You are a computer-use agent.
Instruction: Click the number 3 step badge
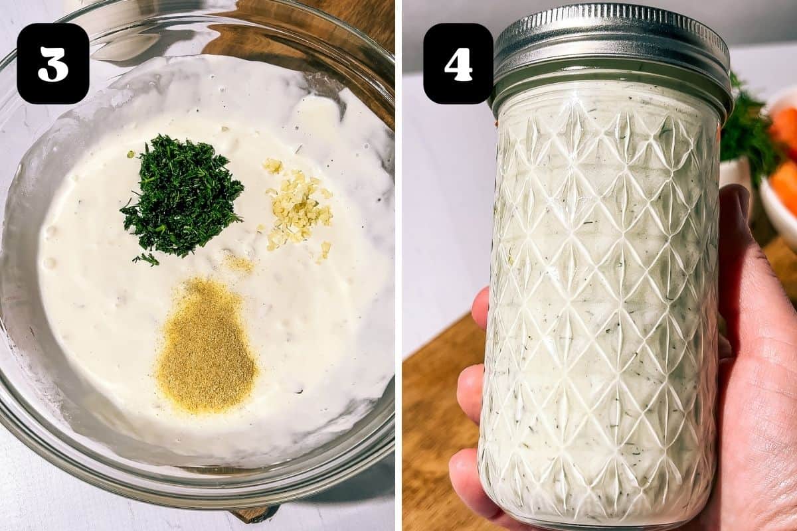pyautogui.click(x=53, y=64)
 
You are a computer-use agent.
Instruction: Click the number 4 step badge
pyautogui.click(x=458, y=64)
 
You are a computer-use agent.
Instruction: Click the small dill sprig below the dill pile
pyautogui.click(x=146, y=259)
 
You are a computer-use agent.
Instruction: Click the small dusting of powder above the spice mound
pyautogui.click(x=239, y=264)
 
